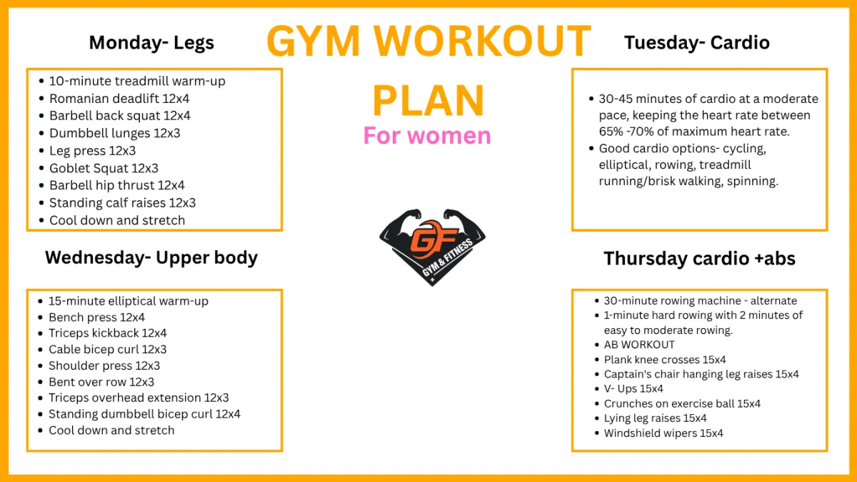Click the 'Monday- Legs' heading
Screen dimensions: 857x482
(x=151, y=42)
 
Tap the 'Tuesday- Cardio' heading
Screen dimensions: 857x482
(x=697, y=42)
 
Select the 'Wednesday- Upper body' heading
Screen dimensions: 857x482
(x=151, y=258)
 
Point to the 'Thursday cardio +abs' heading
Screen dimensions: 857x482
(x=699, y=258)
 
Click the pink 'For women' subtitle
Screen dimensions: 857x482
(x=427, y=136)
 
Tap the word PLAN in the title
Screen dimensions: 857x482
(x=428, y=100)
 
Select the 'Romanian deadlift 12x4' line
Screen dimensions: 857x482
(x=119, y=99)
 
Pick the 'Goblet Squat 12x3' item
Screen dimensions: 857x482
(x=104, y=168)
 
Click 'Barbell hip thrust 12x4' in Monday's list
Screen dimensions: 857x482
(x=117, y=185)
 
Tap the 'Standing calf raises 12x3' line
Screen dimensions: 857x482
(x=122, y=202)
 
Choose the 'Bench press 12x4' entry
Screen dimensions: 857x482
(x=97, y=318)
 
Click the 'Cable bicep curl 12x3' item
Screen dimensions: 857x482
(x=108, y=350)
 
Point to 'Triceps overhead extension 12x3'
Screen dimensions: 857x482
(x=139, y=398)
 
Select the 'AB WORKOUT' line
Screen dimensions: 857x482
(x=639, y=345)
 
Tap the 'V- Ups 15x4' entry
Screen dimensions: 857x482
(x=633, y=388)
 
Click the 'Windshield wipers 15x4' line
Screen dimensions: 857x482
(x=663, y=433)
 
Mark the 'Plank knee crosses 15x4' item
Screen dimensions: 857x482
(x=665, y=360)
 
